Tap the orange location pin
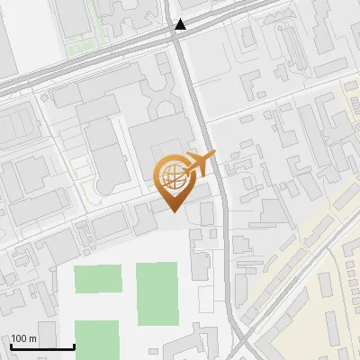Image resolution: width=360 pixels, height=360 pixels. coord(174,180)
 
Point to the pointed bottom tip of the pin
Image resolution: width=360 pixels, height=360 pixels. coord(174,211)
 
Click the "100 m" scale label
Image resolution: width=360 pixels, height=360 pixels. coord(24,338)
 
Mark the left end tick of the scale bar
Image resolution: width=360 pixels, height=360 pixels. coord(11,345)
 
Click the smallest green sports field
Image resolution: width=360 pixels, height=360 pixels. coord(97,279)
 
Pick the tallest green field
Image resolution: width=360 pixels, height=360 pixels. coord(157,293)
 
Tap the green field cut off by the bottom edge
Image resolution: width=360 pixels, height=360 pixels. coord(97,339)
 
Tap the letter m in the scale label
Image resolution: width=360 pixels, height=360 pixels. coord(33,338)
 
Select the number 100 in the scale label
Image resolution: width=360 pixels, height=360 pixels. coord(20,338)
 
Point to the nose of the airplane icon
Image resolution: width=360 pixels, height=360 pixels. coord(214,157)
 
